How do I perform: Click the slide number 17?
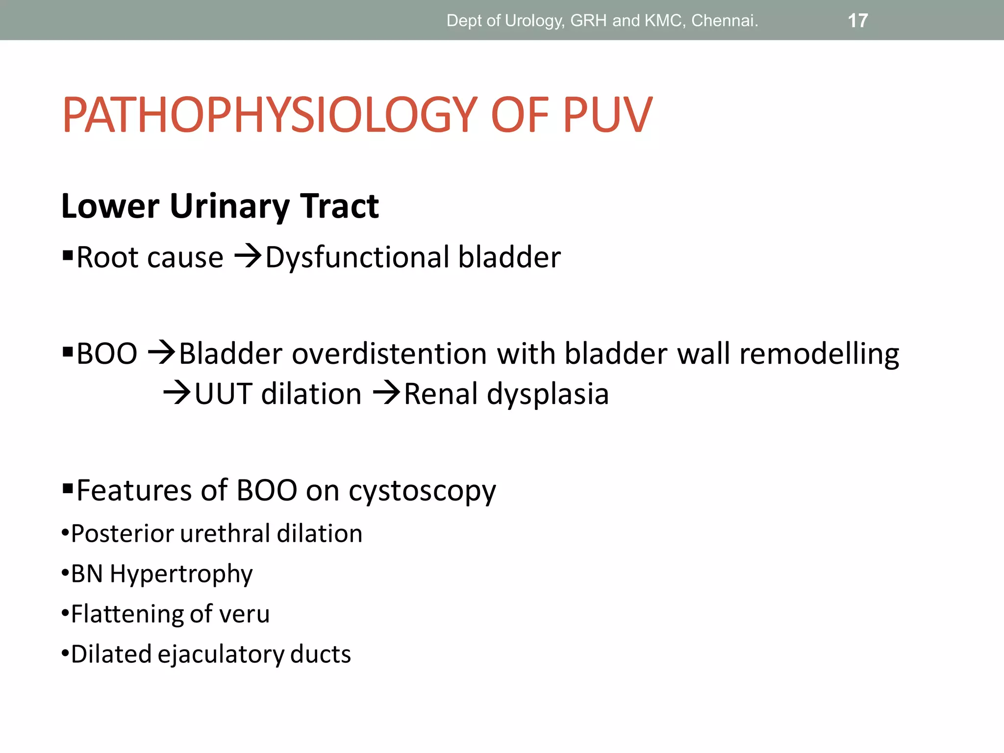coord(857,21)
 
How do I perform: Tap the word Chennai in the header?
coord(724,21)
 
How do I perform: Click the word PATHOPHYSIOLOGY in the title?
coord(270,115)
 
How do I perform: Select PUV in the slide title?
coord(607,115)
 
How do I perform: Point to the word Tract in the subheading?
coord(339,206)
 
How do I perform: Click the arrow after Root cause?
coord(248,256)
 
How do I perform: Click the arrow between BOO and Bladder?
coord(161,352)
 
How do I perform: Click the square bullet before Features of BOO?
coord(68,488)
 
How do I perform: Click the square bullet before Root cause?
coord(68,255)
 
